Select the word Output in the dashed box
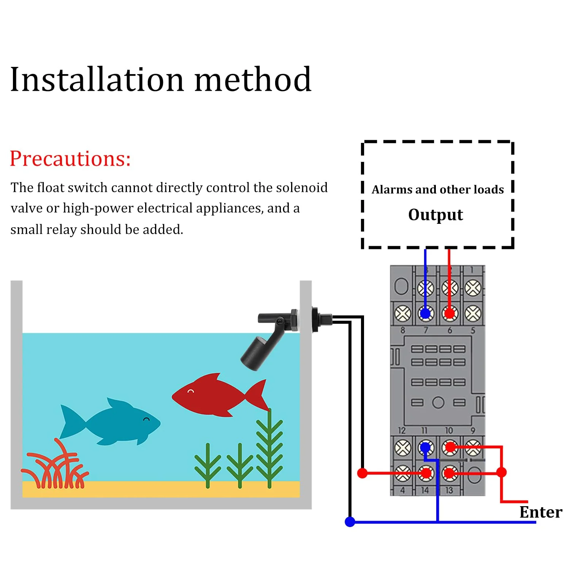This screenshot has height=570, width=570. pyautogui.click(x=435, y=215)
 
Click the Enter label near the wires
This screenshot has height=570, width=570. pyautogui.click(x=541, y=512)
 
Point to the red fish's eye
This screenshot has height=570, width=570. pyautogui.click(x=191, y=391)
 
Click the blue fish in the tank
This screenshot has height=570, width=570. pyautogui.click(x=110, y=422)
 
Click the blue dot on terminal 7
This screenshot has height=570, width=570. pyautogui.click(x=426, y=313)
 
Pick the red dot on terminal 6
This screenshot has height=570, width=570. pyautogui.click(x=450, y=313)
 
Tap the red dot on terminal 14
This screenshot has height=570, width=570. pyautogui.click(x=426, y=473)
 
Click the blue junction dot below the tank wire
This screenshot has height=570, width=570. pyautogui.click(x=350, y=522)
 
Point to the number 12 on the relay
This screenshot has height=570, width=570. pyautogui.click(x=402, y=431)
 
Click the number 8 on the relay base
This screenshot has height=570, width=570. pyautogui.click(x=402, y=331)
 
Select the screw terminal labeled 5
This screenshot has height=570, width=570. pyautogui.click(x=473, y=313)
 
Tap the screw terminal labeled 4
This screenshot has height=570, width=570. pyautogui.click(x=402, y=473)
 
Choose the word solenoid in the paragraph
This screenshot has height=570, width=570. pyautogui.click(x=302, y=188)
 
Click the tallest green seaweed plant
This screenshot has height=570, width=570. pyautogui.click(x=269, y=448)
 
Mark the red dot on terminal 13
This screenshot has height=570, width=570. pyautogui.click(x=450, y=473)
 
